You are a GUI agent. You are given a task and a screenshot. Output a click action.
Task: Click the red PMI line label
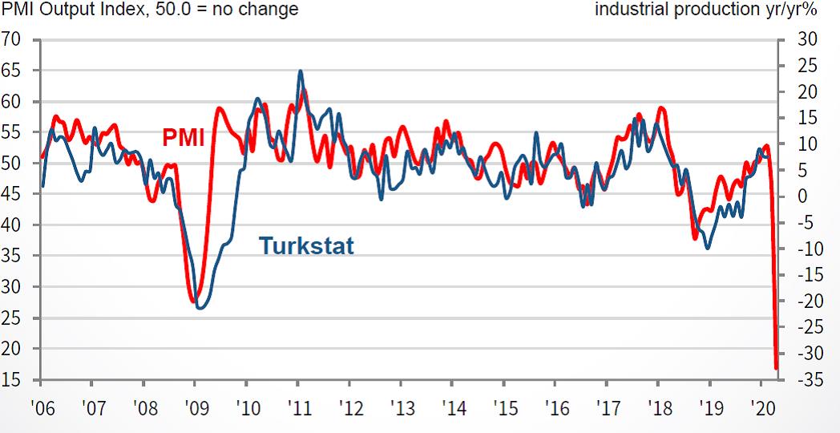click(x=184, y=137)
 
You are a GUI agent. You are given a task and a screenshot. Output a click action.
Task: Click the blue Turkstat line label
click(x=306, y=245)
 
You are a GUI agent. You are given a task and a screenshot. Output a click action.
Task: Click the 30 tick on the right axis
click(x=806, y=39)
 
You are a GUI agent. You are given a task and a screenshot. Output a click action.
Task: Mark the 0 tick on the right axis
click(x=802, y=196)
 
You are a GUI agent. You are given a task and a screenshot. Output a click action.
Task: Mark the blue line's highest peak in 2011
click(x=300, y=71)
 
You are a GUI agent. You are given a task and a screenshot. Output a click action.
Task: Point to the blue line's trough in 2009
click(x=200, y=308)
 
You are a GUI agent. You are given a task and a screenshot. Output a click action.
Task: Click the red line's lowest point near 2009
click(x=195, y=301)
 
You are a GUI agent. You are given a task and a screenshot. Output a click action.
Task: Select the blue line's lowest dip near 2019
click(x=707, y=248)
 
